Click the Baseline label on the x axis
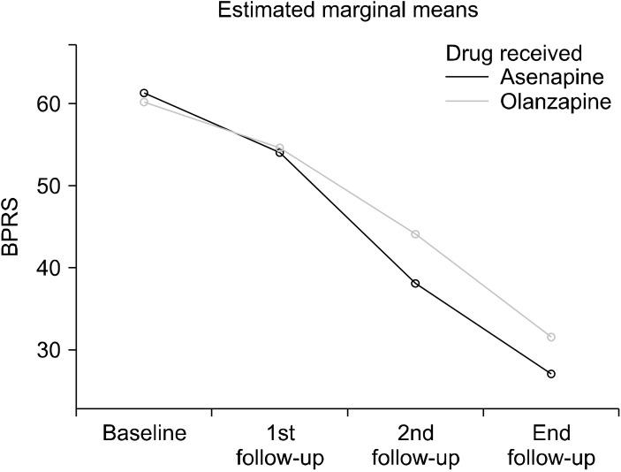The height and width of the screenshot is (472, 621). coord(144,434)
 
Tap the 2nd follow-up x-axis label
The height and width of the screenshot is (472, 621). coord(415,445)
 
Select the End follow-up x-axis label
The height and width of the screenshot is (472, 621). coord(551,445)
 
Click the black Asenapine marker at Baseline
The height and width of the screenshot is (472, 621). coord(144,93)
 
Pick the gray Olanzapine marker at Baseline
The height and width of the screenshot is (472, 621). coord(144,102)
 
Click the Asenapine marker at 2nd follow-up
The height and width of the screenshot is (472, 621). coord(415,284)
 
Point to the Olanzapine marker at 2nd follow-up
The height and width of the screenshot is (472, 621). coord(415,234)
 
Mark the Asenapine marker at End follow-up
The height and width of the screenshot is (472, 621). coord(551,374)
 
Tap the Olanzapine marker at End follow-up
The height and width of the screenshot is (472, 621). coord(551,337)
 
